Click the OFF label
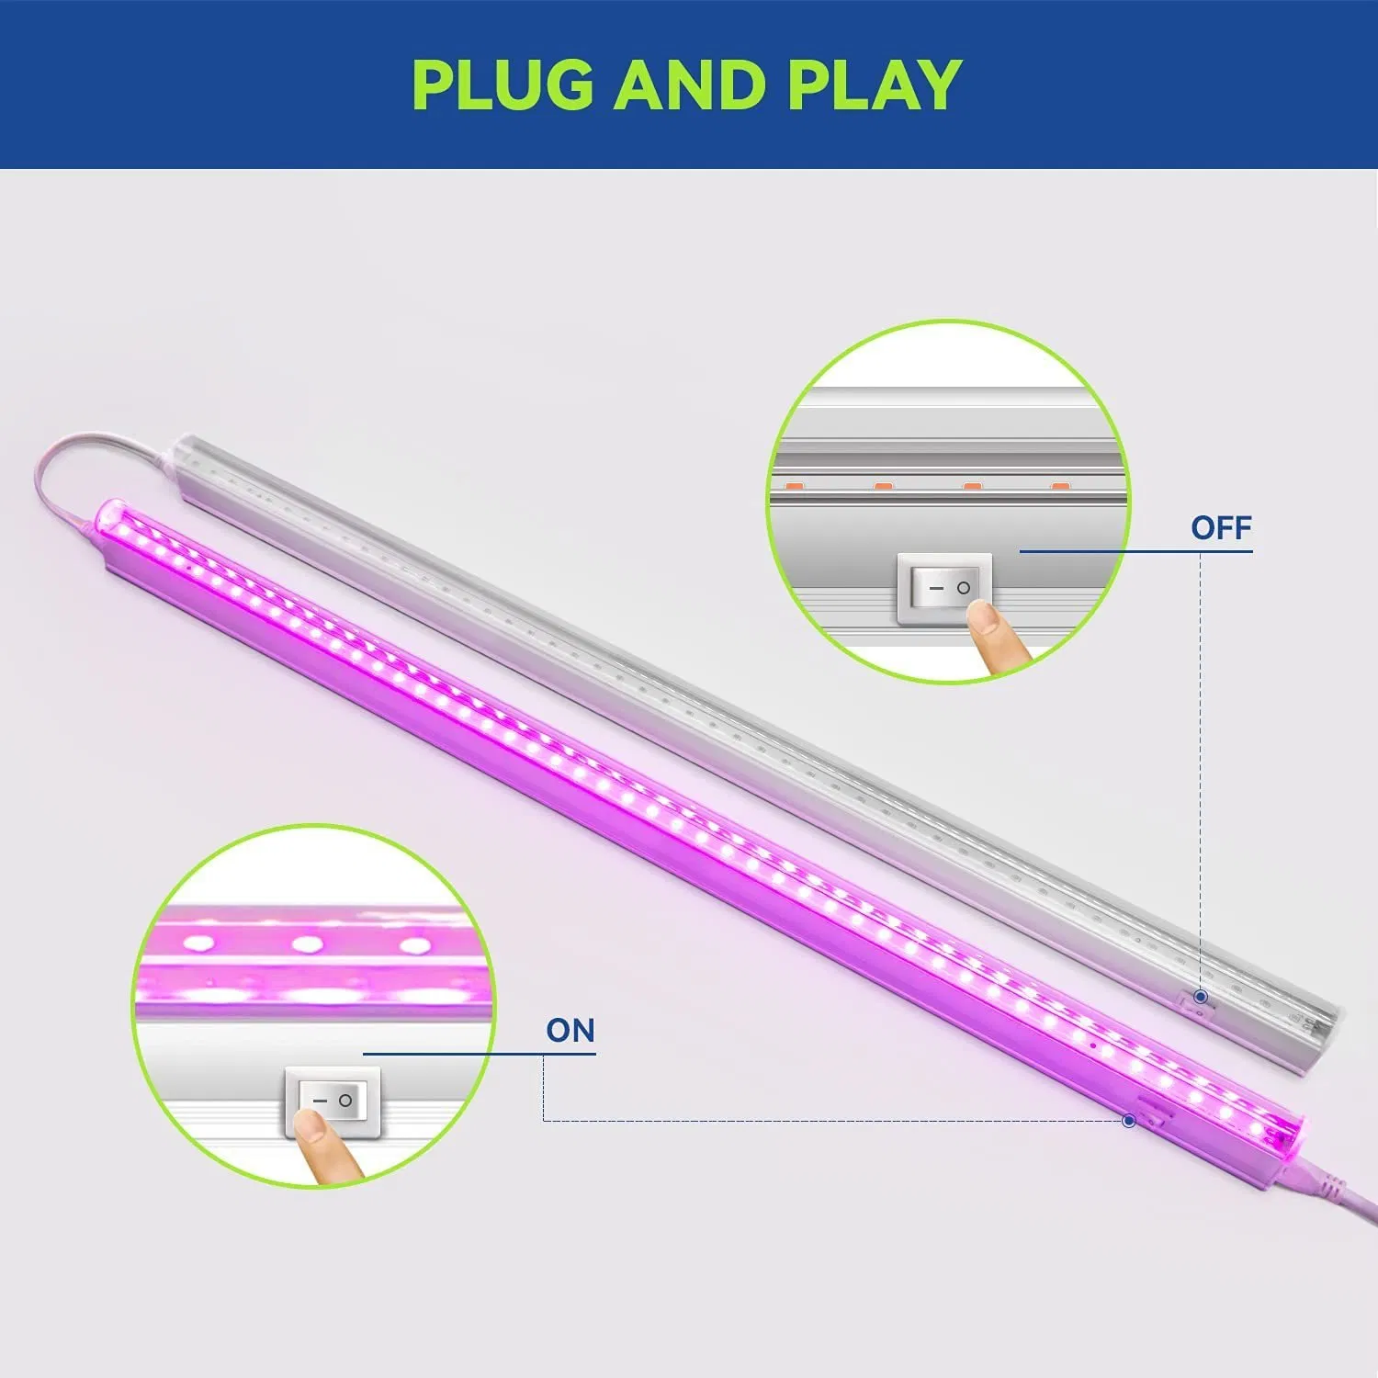(1221, 527)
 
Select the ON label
(570, 1031)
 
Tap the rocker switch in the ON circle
(332, 1101)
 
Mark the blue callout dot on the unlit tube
(1201, 997)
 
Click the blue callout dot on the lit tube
(1130, 1121)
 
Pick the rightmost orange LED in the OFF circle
(1060, 484)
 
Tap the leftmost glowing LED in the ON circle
(199, 942)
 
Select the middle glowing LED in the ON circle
(308, 943)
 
